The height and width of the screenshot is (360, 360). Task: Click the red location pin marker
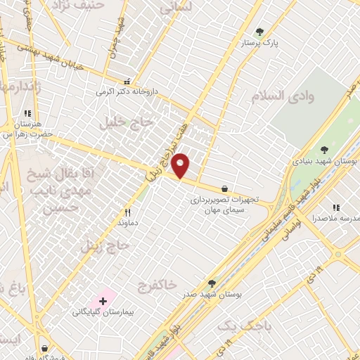(181, 166)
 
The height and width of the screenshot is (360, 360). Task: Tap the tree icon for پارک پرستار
(260, 32)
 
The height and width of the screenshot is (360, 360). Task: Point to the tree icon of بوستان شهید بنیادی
(324, 149)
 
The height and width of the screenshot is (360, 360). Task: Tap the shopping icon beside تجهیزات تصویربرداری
(224, 188)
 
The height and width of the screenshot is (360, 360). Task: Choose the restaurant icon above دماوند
(127, 212)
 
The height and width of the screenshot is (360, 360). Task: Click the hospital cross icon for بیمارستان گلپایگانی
(103, 301)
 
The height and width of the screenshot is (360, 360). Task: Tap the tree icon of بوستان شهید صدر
(212, 283)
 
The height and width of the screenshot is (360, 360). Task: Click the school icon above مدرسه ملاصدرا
(336, 207)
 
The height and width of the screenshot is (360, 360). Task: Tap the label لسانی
(176, 8)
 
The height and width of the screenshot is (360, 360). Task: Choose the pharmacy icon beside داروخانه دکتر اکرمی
(127, 80)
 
